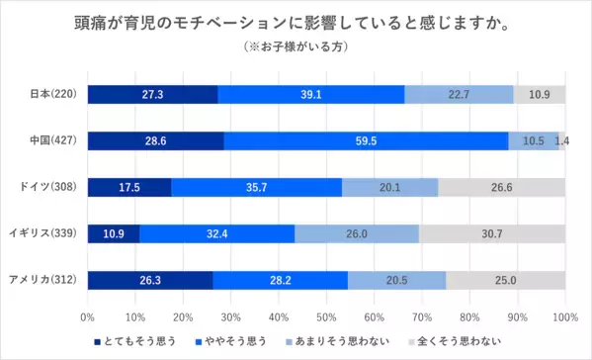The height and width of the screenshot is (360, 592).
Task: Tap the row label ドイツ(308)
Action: click(x=51, y=187)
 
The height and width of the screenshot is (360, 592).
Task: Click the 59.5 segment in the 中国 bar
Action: click(x=366, y=140)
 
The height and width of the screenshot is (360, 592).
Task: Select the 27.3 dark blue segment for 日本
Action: click(x=152, y=95)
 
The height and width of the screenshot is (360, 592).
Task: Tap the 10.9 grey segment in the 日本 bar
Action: click(x=540, y=95)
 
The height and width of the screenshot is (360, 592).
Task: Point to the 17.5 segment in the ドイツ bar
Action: click(x=128, y=187)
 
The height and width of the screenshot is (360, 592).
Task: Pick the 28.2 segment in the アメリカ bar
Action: click(x=280, y=280)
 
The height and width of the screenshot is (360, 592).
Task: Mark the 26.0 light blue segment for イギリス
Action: click(x=356, y=233)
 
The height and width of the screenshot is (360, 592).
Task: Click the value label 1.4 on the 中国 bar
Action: click(x=562, y=141)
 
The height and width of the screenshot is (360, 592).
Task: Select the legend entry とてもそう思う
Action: click(x=137, y=340)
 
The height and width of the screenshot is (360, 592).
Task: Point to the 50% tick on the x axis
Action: click(x=326, y=317)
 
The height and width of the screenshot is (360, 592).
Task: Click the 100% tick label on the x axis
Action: click(x=565, y=317)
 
